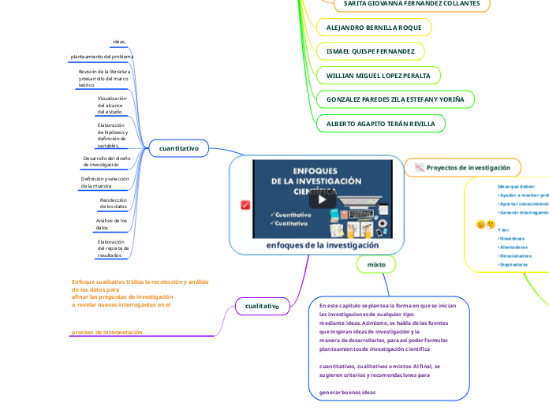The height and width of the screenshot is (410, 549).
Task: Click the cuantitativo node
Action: click(x=178, y=147)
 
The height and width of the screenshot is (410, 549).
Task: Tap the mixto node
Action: click(x=376, y=264)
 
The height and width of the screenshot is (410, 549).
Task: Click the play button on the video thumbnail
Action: click(x=321, y=199)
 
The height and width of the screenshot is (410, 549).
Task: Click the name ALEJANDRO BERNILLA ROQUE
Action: click(x=374, y=28)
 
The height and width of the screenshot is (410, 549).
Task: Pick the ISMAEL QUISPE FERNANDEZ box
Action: click(x=370, y=51)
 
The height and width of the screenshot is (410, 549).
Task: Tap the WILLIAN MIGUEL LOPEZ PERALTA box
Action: click(x=378, y=75)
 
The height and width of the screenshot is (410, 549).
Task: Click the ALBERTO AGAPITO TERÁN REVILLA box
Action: click(x=380, y=124)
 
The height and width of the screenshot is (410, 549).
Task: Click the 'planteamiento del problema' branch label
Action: click(x=102, y=57)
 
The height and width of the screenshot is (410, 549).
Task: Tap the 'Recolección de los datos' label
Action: click(x=113, y=203)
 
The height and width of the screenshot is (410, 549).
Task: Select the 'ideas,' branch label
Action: click(x=119, y=41)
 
